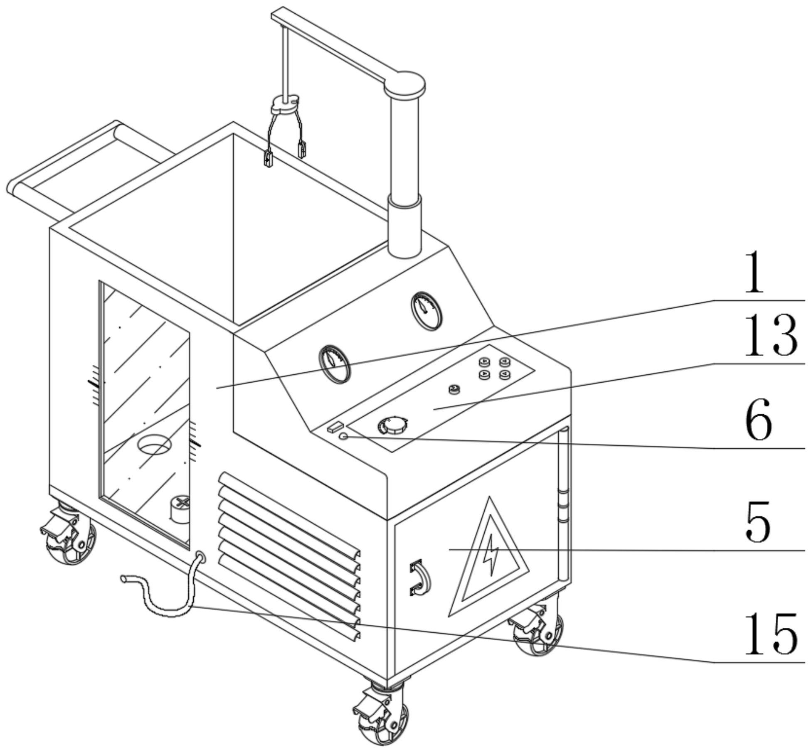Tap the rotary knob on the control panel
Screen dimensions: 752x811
[392, 425]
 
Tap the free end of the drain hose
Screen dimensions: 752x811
[123, 578]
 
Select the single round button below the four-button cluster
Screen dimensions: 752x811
[454, 389]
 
